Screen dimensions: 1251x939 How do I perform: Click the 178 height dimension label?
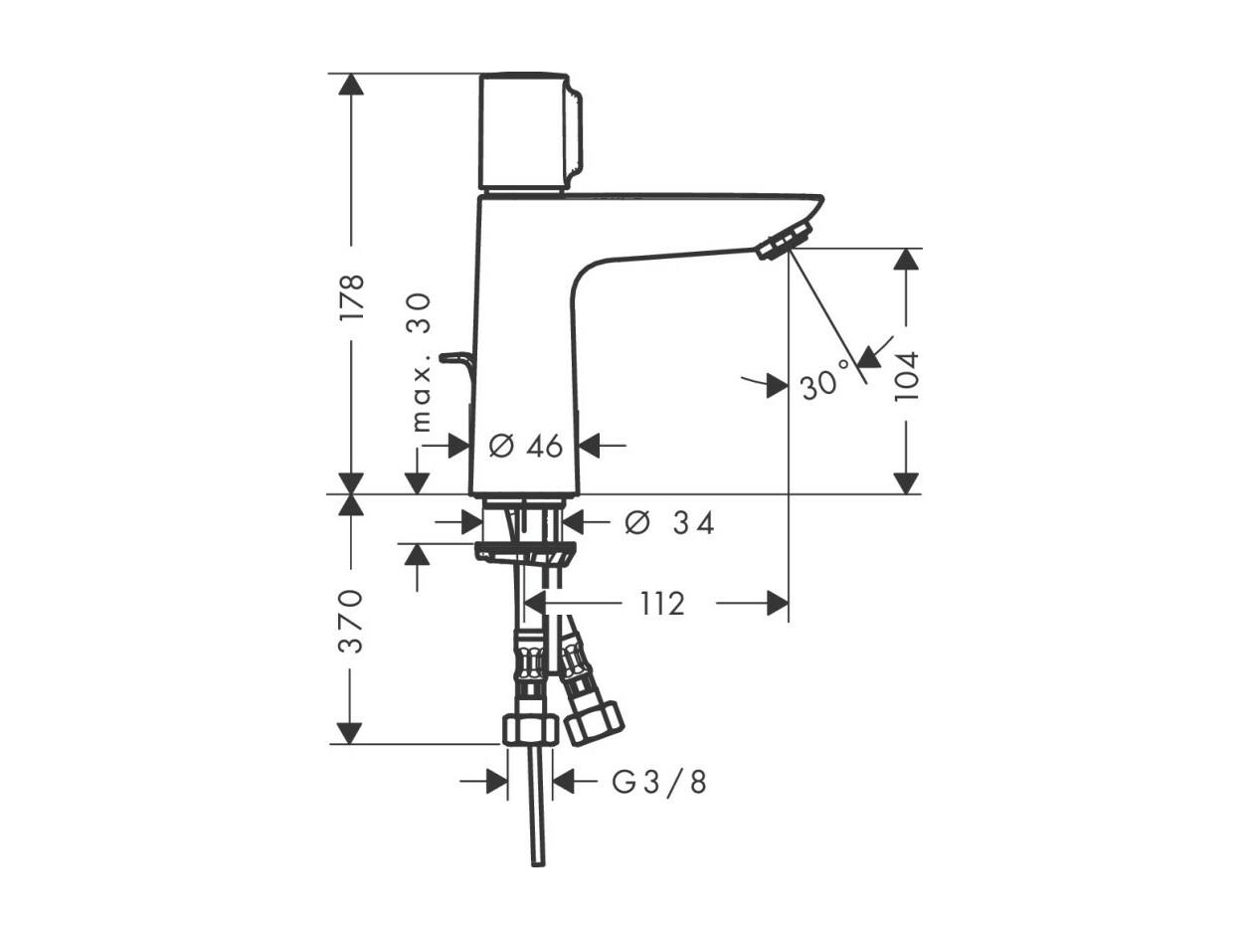352,297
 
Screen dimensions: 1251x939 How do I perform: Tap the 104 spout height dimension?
906,377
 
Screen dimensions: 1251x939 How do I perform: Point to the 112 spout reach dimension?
662,604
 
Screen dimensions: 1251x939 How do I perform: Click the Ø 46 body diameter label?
526,446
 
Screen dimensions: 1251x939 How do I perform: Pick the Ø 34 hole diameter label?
669,523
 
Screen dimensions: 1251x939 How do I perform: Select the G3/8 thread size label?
659,783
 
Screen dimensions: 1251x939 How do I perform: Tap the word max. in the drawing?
422,398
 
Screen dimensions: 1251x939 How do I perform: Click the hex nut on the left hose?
529,729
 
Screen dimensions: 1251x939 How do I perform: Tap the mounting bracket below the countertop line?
525,554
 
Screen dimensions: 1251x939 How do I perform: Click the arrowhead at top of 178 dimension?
351,85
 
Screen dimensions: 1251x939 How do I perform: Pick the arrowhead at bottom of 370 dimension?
350,733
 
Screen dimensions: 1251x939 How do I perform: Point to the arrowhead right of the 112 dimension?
778,603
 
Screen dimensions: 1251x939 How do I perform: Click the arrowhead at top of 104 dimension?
906,260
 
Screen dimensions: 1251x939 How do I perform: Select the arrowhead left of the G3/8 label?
497,781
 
